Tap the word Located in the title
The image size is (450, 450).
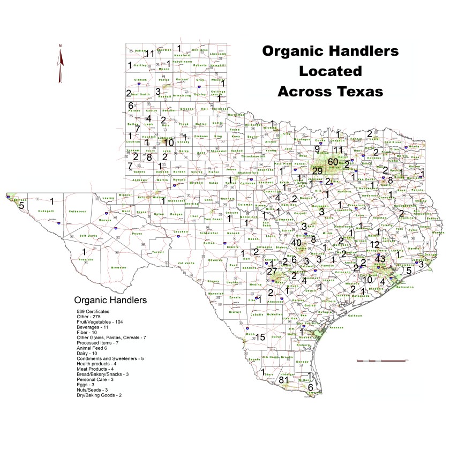tap(330, 71)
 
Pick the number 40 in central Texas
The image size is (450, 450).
tap(296, 243)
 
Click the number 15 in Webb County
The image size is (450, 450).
tap(260, 337)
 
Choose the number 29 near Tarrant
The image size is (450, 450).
tap(317, 171)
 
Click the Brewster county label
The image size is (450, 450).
tap(119, 267)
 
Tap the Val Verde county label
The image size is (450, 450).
tap(185, 263)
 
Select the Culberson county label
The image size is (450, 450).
tap(78, 212)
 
